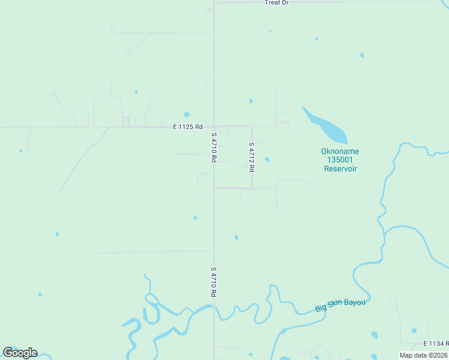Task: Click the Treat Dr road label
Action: (277, 2)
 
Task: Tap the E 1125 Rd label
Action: (188, 127)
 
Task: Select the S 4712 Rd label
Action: (252, 157)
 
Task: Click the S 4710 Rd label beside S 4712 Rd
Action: (213, 148)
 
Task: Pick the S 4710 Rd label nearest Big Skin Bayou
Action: (213, 282)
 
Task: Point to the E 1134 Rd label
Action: (435, 343)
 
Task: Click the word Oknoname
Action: (340, 151)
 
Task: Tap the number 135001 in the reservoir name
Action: (340, 160)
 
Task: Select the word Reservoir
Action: (340, 169)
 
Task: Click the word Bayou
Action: (354, 303)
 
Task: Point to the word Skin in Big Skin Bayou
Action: (334, 305)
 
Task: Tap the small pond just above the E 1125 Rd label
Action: (187, 115)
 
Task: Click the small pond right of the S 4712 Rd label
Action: (267, 160)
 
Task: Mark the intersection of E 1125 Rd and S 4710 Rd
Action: (214, 127)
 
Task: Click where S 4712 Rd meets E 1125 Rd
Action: (252, 127)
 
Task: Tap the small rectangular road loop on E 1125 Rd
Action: (126, 122)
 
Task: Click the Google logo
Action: (20, 352)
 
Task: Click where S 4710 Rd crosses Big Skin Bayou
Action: (214, 307)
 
